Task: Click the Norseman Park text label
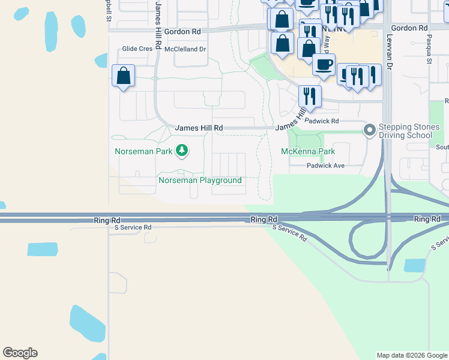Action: pyautogui.click(x=143, y=151)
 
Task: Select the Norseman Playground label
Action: pyautogui.click(x=200, y=180)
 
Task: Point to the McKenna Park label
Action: pyautogui.click(x=308, y=151)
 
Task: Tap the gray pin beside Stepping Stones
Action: pyautogui.click(x=370, y=129)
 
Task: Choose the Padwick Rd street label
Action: pyautogui.click(x=322, y=121)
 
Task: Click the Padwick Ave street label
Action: pyautogui.click(x=326, y=166)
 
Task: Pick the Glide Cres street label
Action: pyautogui.click(x=137, y=49)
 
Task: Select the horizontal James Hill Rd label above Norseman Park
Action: pyautogui.click(x=199, y=128)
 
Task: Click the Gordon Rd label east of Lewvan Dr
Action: pyautogui.click(x=409, y=28)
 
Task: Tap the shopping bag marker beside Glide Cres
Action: pyautogui.click(x=123, y=76)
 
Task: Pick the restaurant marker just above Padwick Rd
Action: pyautogui.click(x=310, y=95)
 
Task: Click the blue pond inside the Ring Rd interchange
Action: pyautogui.click(x=415, y=265)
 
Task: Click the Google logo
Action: pyautogui.click(x=20, y=353)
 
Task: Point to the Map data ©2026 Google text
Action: pyautogui.click(x=412, y=355)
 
